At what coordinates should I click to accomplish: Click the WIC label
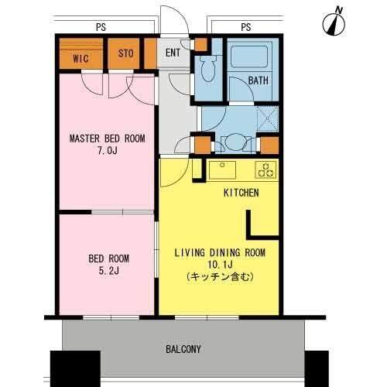pos(80,59)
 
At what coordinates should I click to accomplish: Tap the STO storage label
pos(126,53)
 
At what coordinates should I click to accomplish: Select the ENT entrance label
pos(173,53)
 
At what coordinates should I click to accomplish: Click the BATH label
pos(259,80)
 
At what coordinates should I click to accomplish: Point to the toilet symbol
pos(207,67)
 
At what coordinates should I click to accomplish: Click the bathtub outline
pos(249,56)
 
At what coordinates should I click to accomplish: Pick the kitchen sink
pos(222,170)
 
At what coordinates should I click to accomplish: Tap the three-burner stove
pos(265,170)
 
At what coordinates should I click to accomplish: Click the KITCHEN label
pos(241,193)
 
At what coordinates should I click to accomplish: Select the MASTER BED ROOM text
pos(107,139)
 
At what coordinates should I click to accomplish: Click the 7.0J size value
pos(108,150)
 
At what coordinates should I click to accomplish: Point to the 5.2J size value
pos(109,271)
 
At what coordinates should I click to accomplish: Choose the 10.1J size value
pos(220,264)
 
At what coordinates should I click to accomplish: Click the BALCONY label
pos(183,349)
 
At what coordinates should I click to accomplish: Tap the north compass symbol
pos(334,24)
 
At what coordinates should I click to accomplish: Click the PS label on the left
pos(101,27)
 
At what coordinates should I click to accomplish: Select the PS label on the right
pos(246,27)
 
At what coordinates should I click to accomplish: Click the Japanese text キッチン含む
pos(220,277)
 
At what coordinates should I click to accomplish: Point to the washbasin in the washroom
pos(235,142)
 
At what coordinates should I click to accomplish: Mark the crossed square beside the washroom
pos(268,119)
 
